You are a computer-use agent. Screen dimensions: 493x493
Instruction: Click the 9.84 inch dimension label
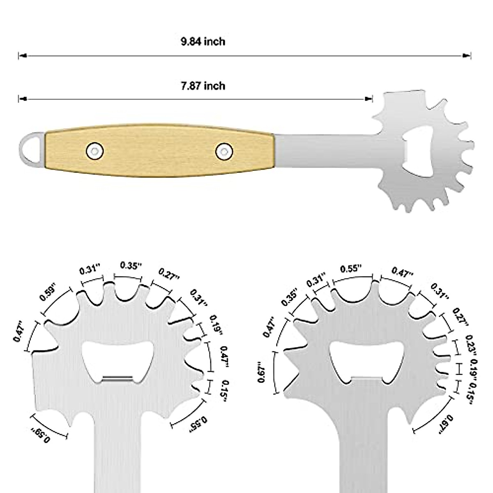tap(203, 41)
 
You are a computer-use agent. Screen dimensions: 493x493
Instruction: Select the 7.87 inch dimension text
tap(203, 86)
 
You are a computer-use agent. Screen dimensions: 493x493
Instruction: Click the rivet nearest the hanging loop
tap(95, 150)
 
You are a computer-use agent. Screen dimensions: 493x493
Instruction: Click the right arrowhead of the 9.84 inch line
tap(468, 55)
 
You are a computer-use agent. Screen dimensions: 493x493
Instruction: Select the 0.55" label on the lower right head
tap(351, 269)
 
